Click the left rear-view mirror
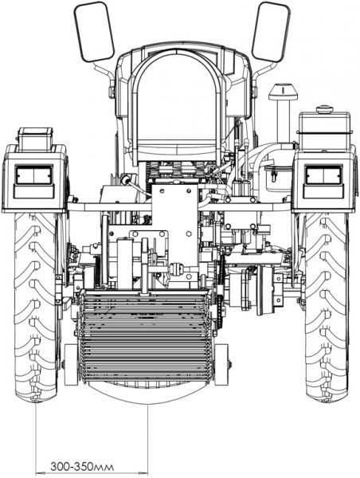[x=94, y=32]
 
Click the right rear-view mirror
[x=270, y=32]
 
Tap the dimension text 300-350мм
[x=82, y=467]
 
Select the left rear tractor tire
[x=36, y=308]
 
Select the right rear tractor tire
[x=327, y=308]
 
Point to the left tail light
[x=34, y=175]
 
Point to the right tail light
[x=323, y=175]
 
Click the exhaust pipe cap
[x=283, y=92]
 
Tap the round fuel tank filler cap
[x=324, y=109]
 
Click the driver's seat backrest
[x=178, y=100]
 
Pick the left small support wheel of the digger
[x=72, y=365]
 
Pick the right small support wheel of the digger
[x=221, y=365]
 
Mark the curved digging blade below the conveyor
[x=147, y=394]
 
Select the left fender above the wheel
[x=34, y=178]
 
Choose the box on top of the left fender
[x=35, y=139]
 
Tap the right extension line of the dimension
[x=148, y=440]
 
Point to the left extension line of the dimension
[x=36, y=439]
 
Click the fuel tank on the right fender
[x=324, y=131]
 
